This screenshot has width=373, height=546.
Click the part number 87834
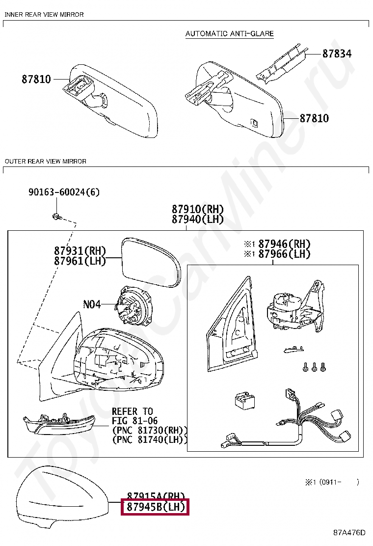pos(337,54)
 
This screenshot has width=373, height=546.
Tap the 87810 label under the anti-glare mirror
pos(314,118)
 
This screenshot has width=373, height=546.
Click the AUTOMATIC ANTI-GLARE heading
pos(229,34)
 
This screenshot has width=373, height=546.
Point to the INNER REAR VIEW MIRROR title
pos(44,15)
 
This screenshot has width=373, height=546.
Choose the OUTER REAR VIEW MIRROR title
pos(45,161)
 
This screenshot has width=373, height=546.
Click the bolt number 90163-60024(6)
pos(63,192)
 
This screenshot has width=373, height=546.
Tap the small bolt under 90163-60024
pos(56,216)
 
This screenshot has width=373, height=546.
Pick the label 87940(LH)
pos(197,219)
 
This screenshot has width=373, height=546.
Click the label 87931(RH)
pos(80,250)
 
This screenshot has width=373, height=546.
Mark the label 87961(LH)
pos(80,261)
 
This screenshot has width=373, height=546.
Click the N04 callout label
pos(91,304)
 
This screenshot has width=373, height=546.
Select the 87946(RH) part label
pos(284,244)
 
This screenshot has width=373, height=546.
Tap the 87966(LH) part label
pos(284,254)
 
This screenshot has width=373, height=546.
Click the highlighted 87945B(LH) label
pos(156,507)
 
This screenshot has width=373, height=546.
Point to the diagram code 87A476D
pos(349,532)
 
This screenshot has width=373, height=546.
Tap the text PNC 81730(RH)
pos(150,430)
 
